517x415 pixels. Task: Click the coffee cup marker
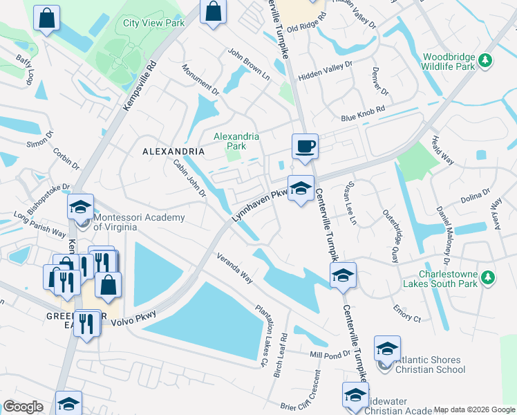pos(305,147)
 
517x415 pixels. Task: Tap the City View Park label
pos(153,23)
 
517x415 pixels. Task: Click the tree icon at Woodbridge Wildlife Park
pos(486,61)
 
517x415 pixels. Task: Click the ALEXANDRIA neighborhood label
pos(173,151)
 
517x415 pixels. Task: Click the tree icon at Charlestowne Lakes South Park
pos(488,277)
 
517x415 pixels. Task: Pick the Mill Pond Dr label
pos(326,354)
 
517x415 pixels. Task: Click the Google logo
pos(23,407)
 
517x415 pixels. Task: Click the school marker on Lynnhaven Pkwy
pos(301,188)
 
